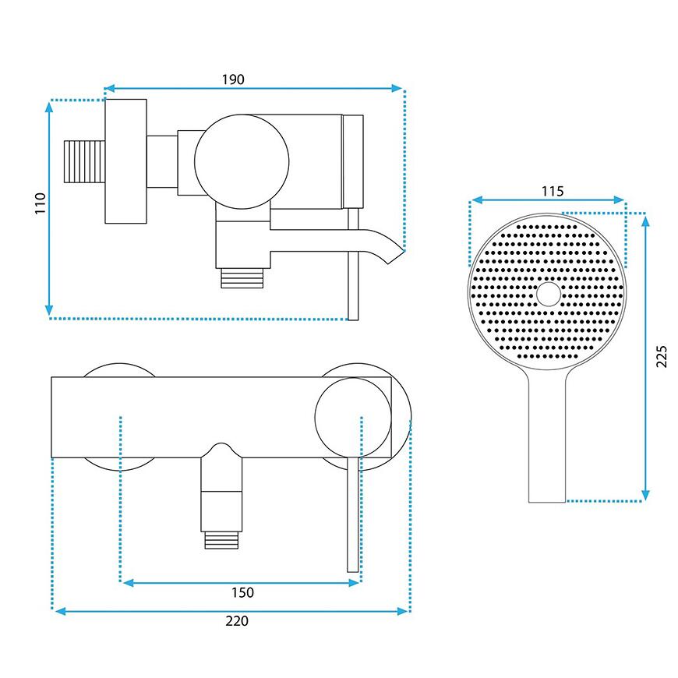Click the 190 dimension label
click(233, 79)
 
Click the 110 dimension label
click(41, 203)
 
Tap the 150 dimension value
click(242, 592)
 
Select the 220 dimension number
click(237, 621)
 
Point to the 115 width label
click(553, 191)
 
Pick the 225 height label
click(662, 356)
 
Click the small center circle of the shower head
click(549, 294)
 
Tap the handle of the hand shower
click(547, 436)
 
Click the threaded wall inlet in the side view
click(85, 162)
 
